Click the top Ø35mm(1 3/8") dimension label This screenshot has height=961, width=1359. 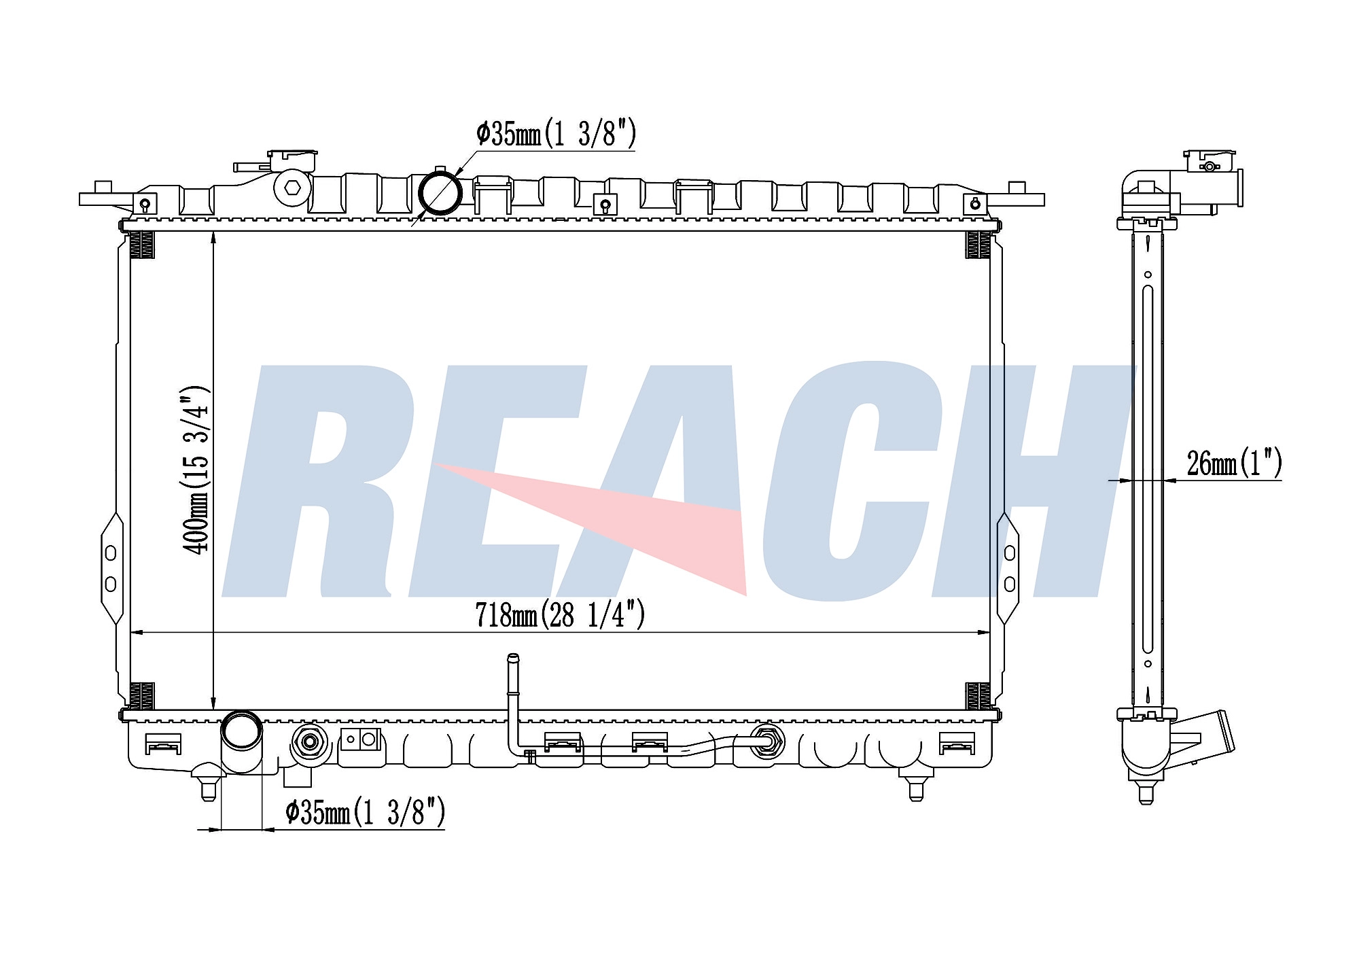pyautogui.click(x=556, y=134)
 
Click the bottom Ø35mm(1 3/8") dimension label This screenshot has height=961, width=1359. pyautogui.click(x=366, y=811)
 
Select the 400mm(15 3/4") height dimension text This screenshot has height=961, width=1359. pyautogui.click(x=196, y=470)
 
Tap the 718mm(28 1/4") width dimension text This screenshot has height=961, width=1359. pyautogui.click(x=559, y=615)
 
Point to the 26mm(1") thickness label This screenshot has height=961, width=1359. pyautogui.click(x=1234, y=464)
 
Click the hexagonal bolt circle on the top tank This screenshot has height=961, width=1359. pyautogui.click(x=293, y=188)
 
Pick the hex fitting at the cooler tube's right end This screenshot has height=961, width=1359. pyautogui.click(x=767, y=741)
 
